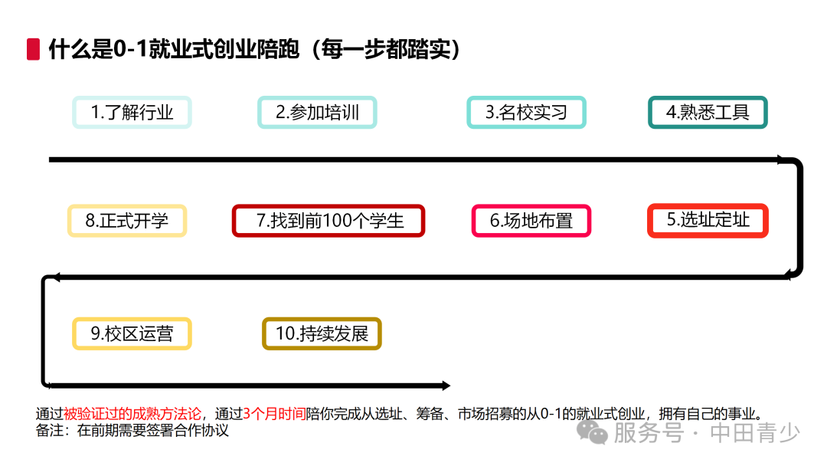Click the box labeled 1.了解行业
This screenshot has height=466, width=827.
coord(132,113)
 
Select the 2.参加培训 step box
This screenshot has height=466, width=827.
coord(317,113)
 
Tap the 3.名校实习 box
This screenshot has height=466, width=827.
coord(526,113)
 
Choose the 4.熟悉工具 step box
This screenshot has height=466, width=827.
coord(708,113)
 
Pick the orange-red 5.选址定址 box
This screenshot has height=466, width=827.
coord(708,221)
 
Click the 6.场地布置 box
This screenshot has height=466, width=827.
coord(531,221)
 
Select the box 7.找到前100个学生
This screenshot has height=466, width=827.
coord(329,221)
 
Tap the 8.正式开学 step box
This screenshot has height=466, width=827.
coord(127,221)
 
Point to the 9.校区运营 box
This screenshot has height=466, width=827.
coord(132,334)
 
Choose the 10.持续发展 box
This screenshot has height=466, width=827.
coord(322,334)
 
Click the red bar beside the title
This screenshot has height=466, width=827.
coord(33,49)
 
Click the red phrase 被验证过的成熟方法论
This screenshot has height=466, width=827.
coord(133,414)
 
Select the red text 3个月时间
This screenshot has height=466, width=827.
coord(274,414)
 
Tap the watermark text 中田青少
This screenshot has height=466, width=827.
coord(755,432)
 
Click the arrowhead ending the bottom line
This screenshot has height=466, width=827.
coord(445,386)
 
